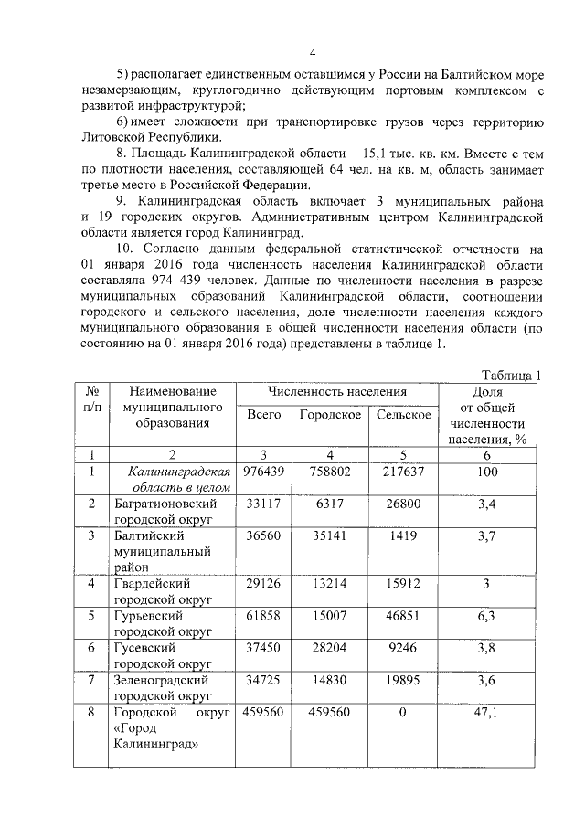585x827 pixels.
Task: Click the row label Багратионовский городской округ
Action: (x=165, y=511)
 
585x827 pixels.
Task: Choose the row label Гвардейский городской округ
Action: (x=165, y=591)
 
